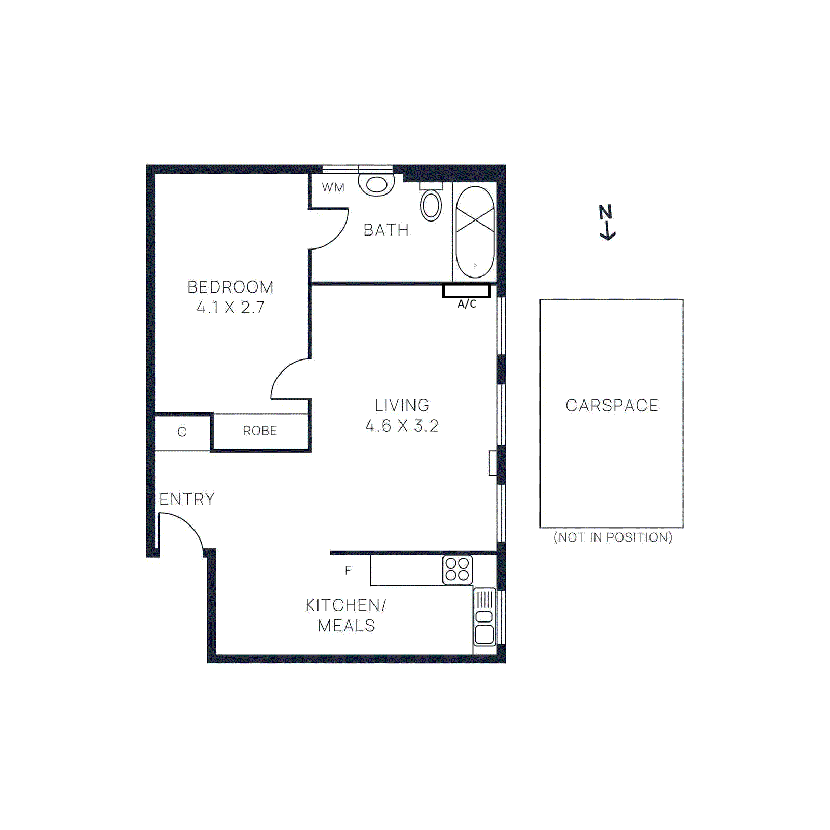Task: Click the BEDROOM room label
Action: tap(230, 287)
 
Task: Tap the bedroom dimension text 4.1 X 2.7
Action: tap(230, 308)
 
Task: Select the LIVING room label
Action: tap(402, 405)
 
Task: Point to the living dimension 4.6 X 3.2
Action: tap(402, 426)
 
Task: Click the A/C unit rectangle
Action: tap(466, 292)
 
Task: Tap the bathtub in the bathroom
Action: tap(475, 232)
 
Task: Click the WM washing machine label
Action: tap(333, 187)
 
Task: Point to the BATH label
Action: tap(386, 230)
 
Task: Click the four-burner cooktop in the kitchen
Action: tap(458, 569)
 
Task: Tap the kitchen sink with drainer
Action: tap(485, 617)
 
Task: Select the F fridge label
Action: tap(348, 571)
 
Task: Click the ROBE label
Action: tap(260, 431)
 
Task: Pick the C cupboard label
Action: tap(182, 432)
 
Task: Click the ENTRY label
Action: tap(187, 499)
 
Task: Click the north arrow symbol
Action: tap(607, 222)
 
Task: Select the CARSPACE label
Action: tap(612, 405)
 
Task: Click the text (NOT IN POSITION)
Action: tap(613, 537)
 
